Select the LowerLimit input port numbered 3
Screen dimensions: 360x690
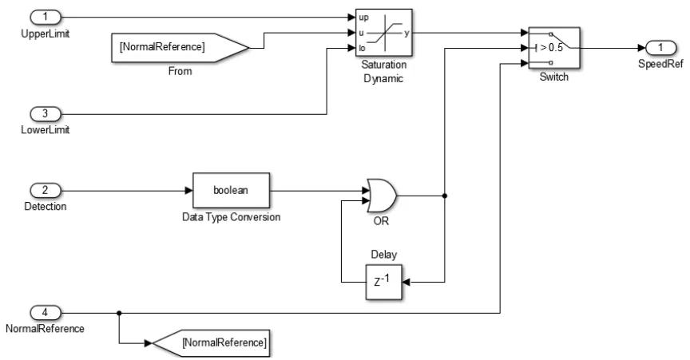click(x=46, y=113)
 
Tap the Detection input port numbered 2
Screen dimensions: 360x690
click(x=46, y=192)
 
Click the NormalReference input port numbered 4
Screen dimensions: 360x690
click(x=46, y=313)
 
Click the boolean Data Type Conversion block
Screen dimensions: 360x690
click(x=232, y=192)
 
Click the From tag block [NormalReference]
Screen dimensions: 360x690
click(x=180, y=47)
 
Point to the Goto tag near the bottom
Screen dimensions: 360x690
click(x=210, y=343)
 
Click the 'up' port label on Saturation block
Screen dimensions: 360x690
click(x=364, y=17)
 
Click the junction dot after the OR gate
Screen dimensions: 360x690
click(x=444, y=196)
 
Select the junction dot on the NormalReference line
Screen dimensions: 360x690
click(x=118, y=313)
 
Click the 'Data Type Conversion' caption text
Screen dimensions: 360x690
click(x=232, y=219)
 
